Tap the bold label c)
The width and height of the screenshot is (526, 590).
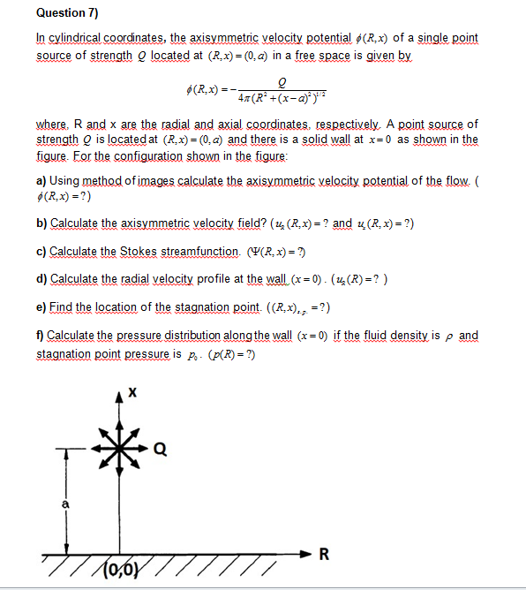(42, 252)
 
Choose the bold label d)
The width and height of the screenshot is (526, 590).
(42, 280)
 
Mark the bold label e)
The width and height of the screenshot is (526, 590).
(42, 308)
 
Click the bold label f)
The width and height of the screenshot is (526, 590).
(41, 337)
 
